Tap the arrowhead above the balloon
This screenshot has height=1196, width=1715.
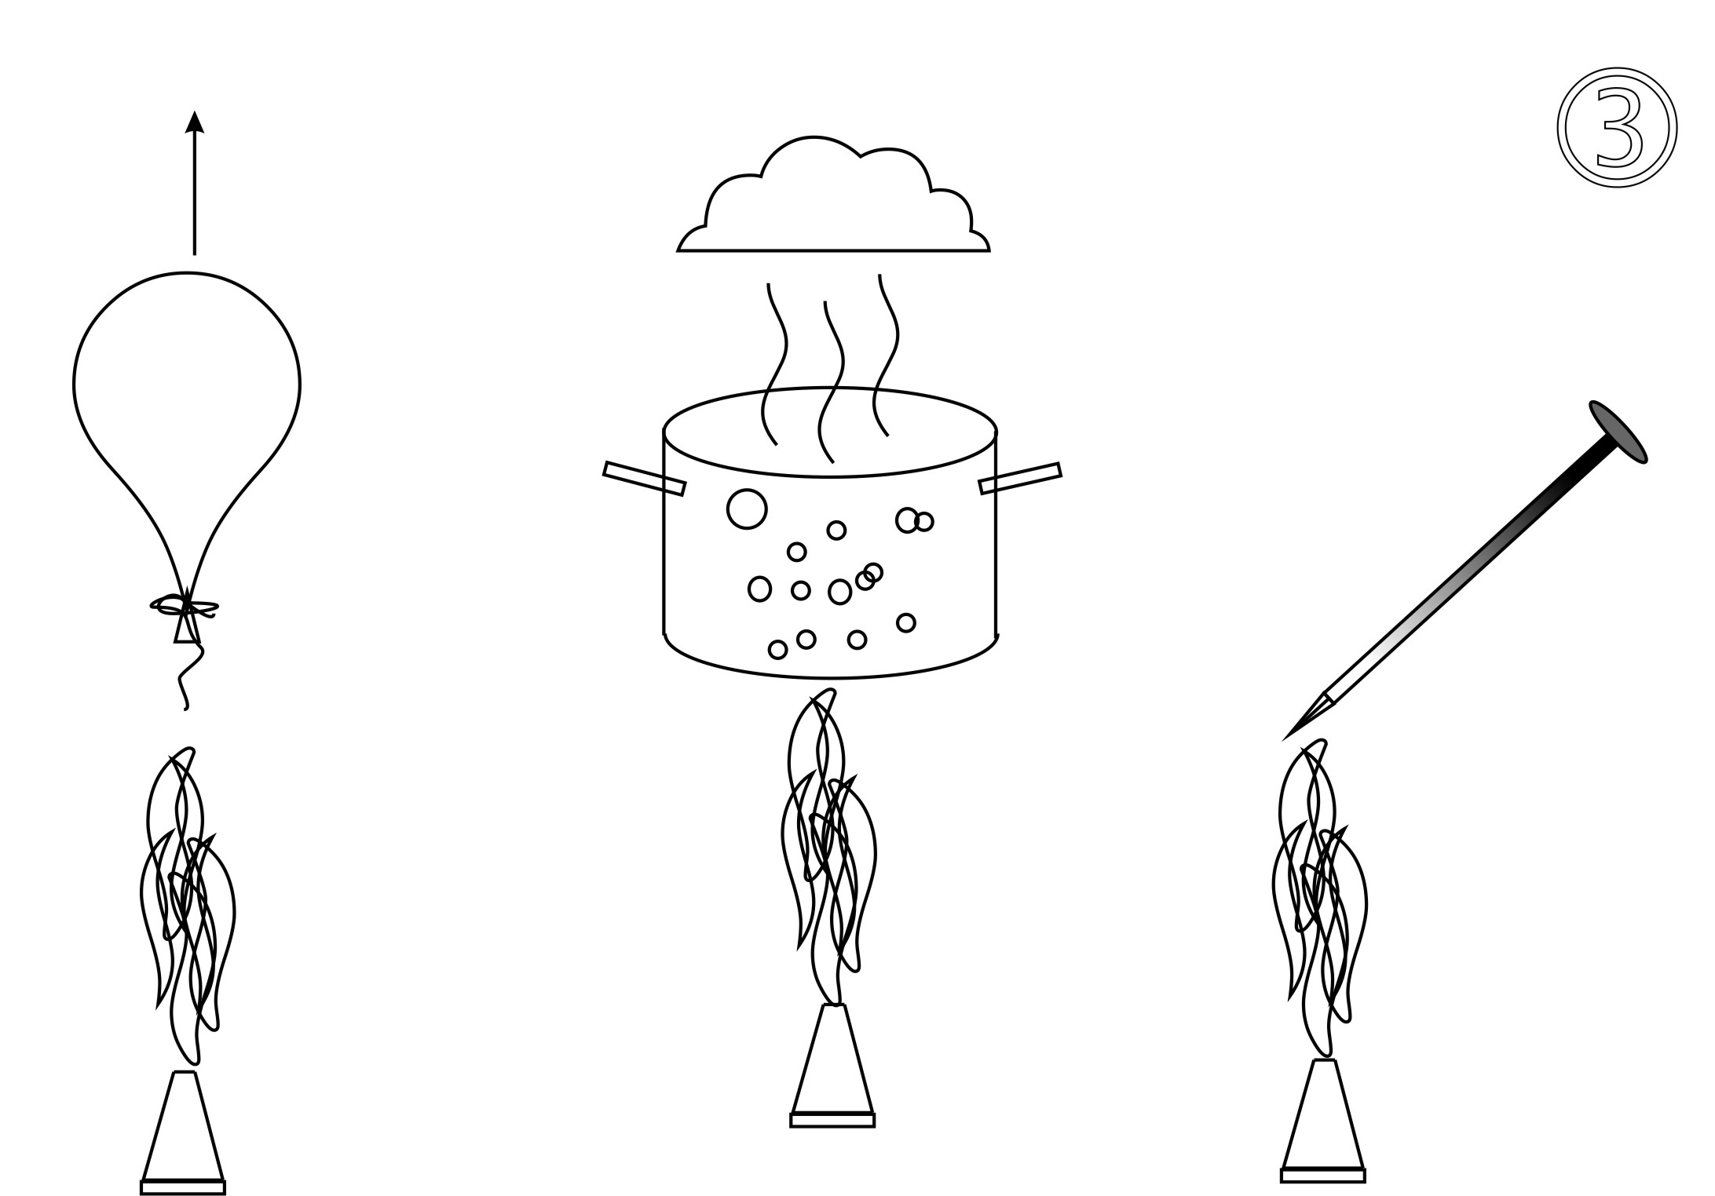click(195, 122)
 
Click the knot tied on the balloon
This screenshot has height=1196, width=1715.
click(185, 607)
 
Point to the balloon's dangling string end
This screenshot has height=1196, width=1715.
click(185, 708)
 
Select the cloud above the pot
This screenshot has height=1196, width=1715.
click(833, 195)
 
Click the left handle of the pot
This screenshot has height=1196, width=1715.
click(644, 479)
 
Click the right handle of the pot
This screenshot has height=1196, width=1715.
click(1020, 478)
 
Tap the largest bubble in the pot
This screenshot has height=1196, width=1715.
click(747, 509)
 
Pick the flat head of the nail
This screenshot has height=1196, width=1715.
click(1618, 432)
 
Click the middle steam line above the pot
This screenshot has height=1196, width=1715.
click(832, 381)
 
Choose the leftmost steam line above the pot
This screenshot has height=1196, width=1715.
click(777, 363)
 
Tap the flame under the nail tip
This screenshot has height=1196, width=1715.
click(1319, 899)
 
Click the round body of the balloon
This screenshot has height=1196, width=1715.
click(187, 273)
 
